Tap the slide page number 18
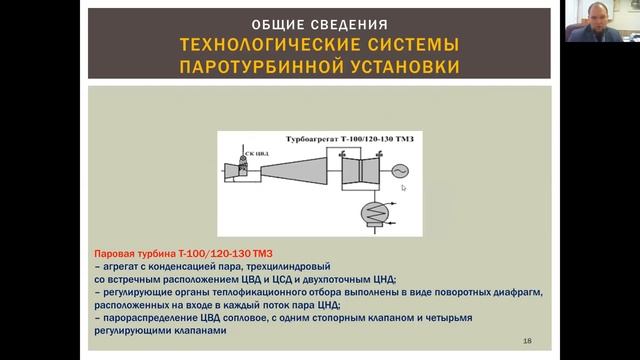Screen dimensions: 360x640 [x=527, y=341]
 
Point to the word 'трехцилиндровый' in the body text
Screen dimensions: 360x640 [x=261, y=268]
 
